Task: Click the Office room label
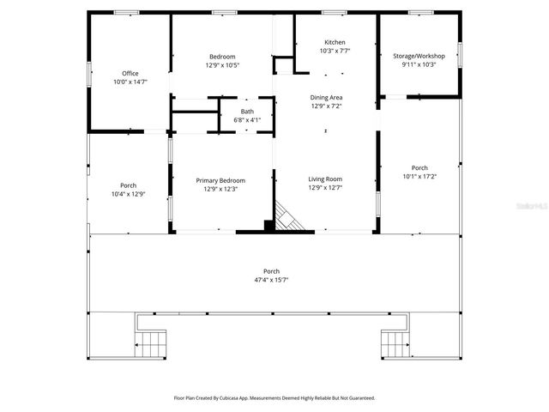tap(130, 74)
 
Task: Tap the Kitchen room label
tap(335, 43)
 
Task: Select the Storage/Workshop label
tap(419, 56)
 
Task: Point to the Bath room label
tap(247, 112)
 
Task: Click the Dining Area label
tap(326, 97)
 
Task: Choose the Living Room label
tap(325, 179)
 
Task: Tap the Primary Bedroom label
tap(220, 180)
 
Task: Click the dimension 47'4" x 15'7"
tap(271, 280)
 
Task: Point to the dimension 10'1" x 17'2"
tap(419, 176)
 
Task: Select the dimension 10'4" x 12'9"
tap(128, 194)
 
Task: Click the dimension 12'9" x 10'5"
tap(222, 65)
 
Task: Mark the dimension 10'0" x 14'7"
tap(130, 82)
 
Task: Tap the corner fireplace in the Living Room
tap(288, 216)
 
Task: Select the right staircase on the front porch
tap(395, 344)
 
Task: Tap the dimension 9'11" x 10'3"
tap(419, 64)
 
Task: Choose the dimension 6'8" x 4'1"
tap(247, 120)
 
